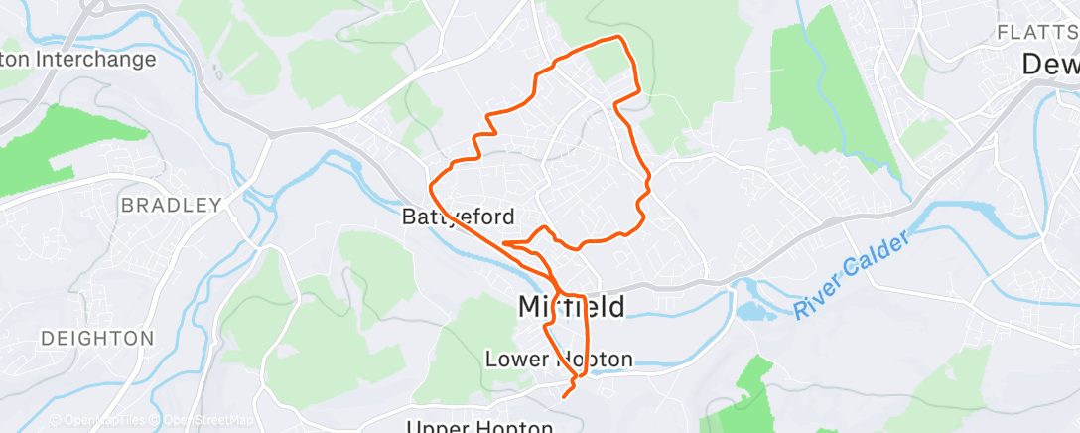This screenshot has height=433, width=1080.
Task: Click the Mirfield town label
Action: tap(572, 307)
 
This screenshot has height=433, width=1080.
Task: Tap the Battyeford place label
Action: tap(457, 216)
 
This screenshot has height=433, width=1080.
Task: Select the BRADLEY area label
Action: tap(170, 206)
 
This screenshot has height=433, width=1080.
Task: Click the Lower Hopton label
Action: tap(559, 359)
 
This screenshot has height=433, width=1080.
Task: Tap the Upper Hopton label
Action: tap(479, 427)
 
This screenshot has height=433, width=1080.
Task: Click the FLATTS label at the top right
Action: tap(1036, 32)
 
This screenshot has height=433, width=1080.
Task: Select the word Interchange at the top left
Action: tap(95, 59)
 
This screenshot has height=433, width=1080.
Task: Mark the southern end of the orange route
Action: tap(564, 396)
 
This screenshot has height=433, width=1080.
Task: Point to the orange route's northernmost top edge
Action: tap(618, 38)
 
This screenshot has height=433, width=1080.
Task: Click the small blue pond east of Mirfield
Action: tap(751, 311)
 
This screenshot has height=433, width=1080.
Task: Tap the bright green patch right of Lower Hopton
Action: tap(754, 382)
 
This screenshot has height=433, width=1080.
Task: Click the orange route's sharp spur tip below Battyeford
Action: tap(505, 242)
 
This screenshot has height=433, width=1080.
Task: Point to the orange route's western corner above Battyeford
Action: tap(430, 184)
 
